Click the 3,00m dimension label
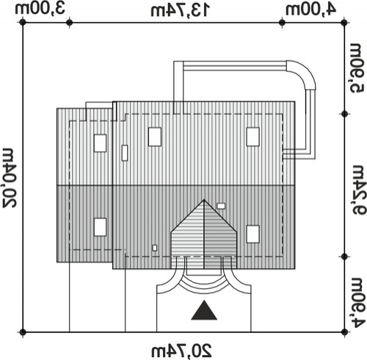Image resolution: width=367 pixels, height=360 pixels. (x=40, y=9)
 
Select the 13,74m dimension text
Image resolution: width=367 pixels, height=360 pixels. (x=180, y=10)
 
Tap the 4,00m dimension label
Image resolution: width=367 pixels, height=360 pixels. (x=311, y=10)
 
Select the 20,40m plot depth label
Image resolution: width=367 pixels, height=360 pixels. (x=10, y=177)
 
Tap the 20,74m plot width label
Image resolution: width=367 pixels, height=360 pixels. (x=181, y=351)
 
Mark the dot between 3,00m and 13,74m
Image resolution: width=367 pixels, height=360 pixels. (x=70, y=23)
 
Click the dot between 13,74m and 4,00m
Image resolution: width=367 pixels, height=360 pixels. (x=282, y=23)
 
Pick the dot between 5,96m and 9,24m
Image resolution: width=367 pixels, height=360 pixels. (x=344, y=114)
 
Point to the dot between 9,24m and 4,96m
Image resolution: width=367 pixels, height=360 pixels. (x=344, y=257)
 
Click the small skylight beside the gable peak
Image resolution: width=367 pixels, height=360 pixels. (x=221, y=206)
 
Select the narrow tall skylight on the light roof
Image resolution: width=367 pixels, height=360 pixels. (x=125, y=153)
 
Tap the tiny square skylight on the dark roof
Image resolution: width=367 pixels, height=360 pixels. (x=155, y=248)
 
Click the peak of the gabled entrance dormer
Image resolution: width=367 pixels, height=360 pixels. (x=204, y=200)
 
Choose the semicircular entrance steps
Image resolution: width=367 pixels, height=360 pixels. (x=204, y=284)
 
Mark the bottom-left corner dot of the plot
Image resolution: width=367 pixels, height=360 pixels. (x=23, y=332)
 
